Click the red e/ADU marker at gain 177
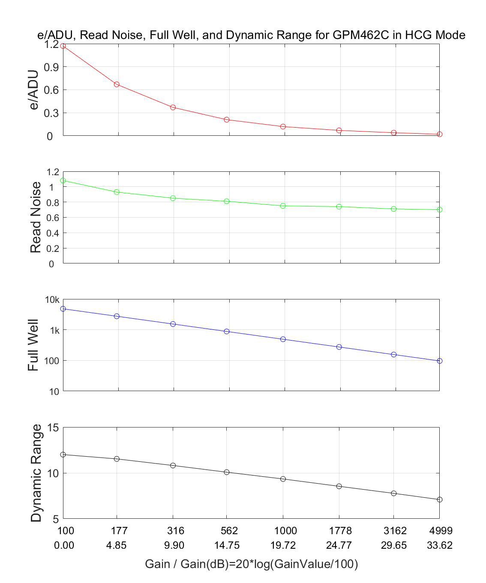click(117, 84)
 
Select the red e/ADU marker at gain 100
click(63, 46)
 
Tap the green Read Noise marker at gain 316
click(173, 198)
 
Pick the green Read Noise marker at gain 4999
click(439, 209)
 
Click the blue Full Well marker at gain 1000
click(283, 339)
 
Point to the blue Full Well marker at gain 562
click(227, 331)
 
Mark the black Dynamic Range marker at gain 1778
click(339, 486)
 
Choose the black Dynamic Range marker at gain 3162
click(394, 493)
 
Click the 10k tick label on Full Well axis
click(52, 300)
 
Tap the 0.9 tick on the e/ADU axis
click(51, 67)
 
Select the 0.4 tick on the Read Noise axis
click(51, 233)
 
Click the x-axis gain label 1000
click(285, 531)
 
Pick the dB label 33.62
click(440, 545)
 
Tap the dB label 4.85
click(119, 545)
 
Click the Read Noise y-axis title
click(36, 217)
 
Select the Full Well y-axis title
click(33, 345)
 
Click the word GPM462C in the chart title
click(361, 35)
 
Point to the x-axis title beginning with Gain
click(251, 564)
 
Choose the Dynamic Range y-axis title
click(36, 473)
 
